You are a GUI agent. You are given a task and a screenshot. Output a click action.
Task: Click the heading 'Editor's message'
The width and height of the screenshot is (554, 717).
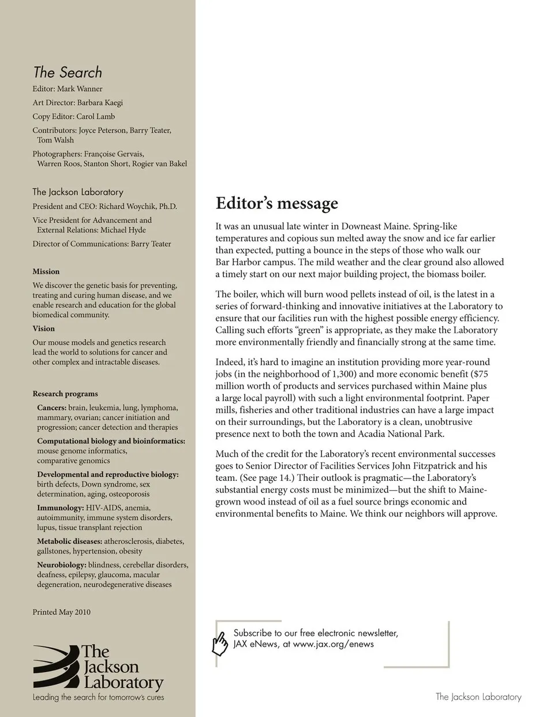point(277,203)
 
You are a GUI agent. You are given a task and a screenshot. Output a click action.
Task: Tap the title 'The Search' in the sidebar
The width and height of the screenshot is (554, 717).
point(68,72)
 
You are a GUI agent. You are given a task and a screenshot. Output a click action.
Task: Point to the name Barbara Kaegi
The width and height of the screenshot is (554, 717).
point(100,103)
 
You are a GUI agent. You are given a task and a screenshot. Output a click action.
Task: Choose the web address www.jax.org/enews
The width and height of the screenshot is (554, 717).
point(333,644)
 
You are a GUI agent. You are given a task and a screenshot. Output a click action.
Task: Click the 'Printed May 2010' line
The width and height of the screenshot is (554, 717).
point(61,612)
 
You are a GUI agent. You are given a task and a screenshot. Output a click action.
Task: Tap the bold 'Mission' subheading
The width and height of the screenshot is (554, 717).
point(46,271)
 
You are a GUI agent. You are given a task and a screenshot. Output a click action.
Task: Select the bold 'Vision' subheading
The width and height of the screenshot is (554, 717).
point(44,328)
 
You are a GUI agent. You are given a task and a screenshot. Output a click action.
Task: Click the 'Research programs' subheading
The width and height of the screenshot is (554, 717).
point(65,394)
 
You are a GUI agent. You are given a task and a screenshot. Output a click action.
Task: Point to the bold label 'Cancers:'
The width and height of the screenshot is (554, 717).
point(51,408)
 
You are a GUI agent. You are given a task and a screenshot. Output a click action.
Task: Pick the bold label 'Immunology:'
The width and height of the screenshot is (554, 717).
point(61,508)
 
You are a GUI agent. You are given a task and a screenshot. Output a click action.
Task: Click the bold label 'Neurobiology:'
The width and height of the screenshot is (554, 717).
point(62,565)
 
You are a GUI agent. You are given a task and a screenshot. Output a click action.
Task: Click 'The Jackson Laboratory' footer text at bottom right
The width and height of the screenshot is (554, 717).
point(478,697)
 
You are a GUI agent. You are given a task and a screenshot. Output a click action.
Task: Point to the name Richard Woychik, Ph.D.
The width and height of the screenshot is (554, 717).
point(138,206)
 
